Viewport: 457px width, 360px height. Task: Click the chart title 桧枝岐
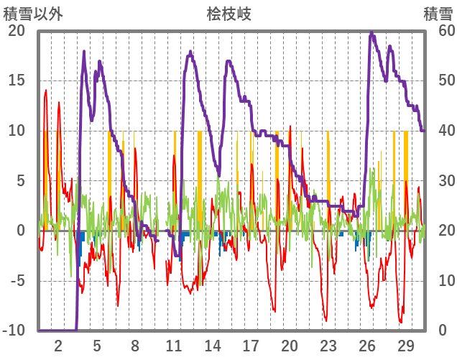229,13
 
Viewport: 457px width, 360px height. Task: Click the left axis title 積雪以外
34,13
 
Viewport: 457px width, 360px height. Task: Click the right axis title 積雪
437,13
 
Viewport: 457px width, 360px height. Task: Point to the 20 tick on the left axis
17,31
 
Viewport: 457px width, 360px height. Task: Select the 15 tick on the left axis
17,80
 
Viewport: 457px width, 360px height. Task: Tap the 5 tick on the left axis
20,181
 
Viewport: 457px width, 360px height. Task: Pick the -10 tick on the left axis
14,331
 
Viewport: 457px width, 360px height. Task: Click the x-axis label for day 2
58,345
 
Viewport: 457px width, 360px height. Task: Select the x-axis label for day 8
135,345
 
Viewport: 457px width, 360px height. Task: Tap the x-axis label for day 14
212,345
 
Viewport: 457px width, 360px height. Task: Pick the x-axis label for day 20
290,345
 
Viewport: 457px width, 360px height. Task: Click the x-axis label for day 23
328,345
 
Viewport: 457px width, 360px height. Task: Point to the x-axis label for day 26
367,345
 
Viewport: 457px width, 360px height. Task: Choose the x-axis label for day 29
406,345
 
